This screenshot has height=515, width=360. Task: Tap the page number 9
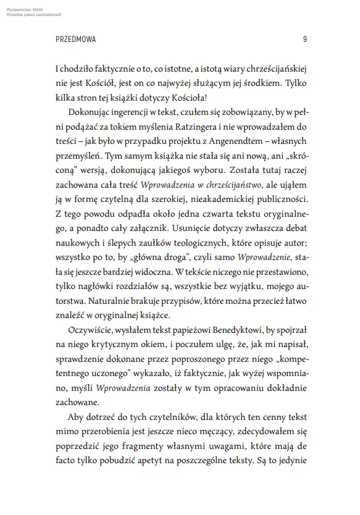[x=305, y=39]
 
